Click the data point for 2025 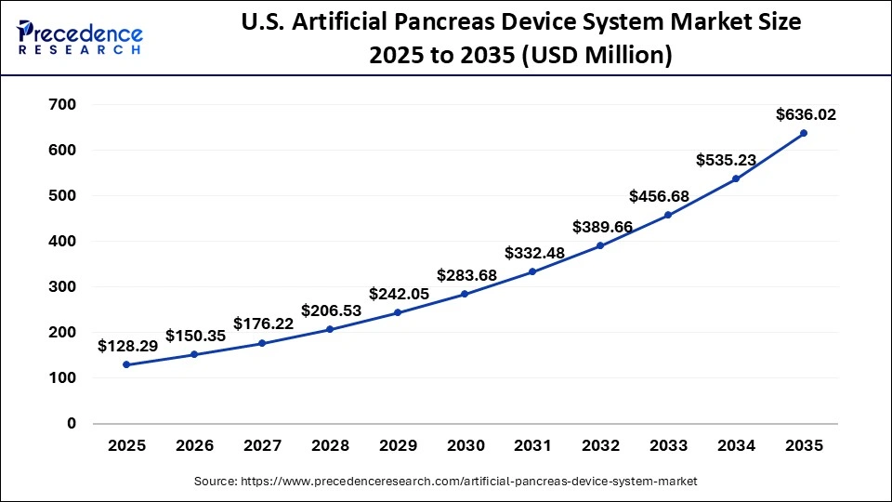[126, 364]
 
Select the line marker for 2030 [465, 294]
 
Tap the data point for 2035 [804, 133]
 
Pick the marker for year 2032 [600, 245]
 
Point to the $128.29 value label [128, 346]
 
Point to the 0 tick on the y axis [71, 424]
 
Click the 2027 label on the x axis [262, 446]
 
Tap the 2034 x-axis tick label [736, 446]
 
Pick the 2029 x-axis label [398, 446]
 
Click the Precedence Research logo [80, 38]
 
